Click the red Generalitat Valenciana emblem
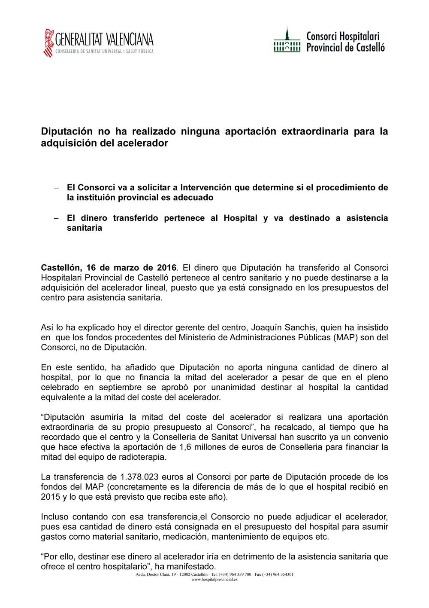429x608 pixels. [48, 43]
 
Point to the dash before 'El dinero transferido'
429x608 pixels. [55, 218]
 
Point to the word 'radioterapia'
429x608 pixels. [142, 457]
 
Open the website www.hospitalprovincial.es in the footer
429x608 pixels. [214, 579]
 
